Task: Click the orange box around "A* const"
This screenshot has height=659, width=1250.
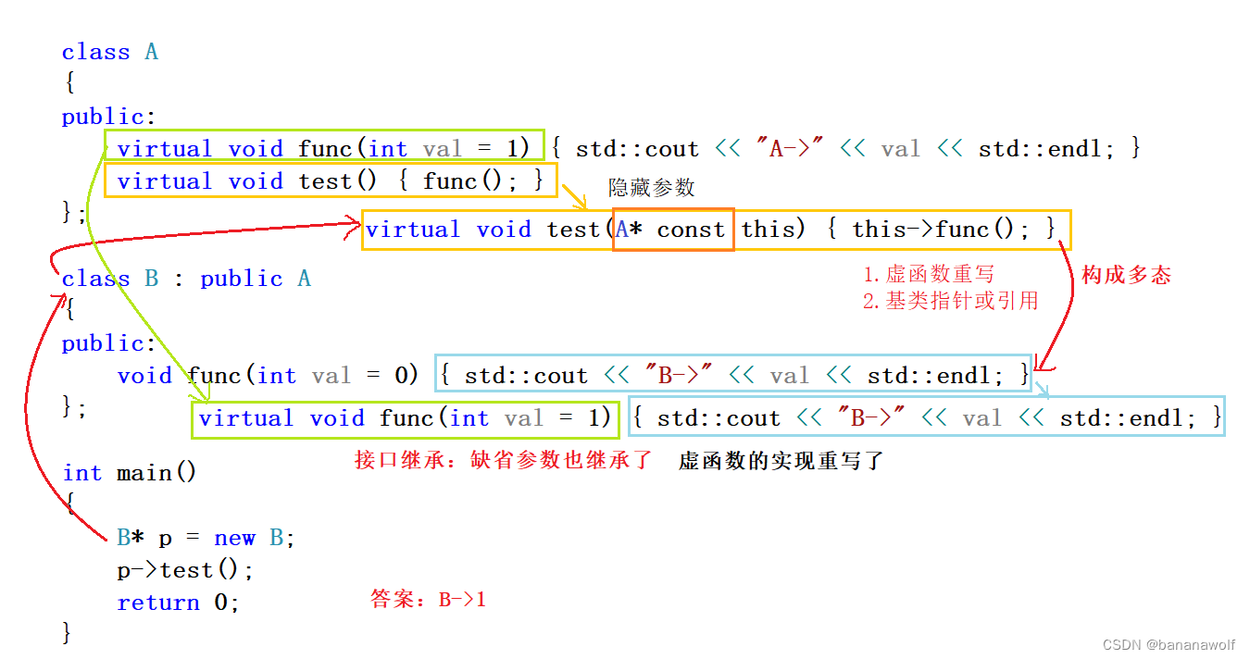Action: pos(673,230)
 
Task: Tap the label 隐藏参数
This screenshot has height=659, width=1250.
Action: pos(651,188)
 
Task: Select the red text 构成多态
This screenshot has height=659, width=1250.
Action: pos(1126,275)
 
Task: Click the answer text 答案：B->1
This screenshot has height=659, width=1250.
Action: pos(428,600)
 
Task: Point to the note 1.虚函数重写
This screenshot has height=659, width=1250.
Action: pos(929,274)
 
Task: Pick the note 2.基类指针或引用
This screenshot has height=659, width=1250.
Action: pos(950,301)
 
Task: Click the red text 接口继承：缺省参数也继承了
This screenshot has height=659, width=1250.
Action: pos(504,460)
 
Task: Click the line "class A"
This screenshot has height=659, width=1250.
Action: pos(109,52)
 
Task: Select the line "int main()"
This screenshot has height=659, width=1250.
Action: pos(130,473)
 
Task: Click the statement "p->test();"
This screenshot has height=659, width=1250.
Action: pos(185,570)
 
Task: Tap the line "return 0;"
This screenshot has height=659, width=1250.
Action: pos(178,603)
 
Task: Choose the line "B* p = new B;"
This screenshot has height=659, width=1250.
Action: pos(206,538)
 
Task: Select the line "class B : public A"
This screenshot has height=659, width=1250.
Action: pos(186,279)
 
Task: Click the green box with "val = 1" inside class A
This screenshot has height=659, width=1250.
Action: pos(323,148)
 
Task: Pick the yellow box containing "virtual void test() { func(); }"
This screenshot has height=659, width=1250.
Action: pos(331,180)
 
